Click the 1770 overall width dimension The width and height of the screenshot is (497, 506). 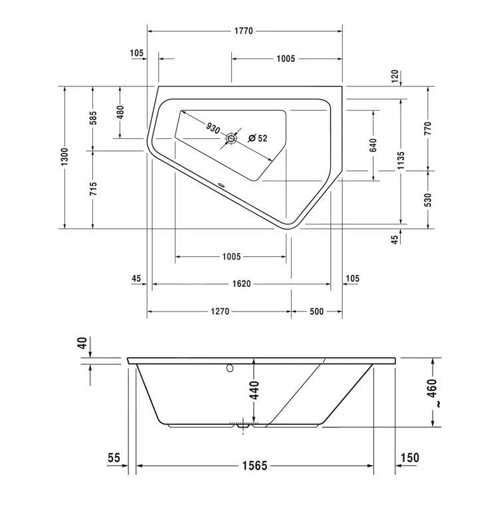(x=244, y=31)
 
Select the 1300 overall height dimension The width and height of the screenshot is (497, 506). (x=64, y=157)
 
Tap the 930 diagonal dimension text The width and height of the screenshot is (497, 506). (x=213, y=128)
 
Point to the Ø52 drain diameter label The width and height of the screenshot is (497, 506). (x=257, y=138)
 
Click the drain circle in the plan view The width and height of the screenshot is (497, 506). (x=231, y=138)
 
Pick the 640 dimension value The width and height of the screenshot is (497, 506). (x=373, y=144)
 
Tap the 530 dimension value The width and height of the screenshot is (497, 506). (x=429, y=200)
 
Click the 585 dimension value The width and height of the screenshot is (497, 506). (x=93, y=118)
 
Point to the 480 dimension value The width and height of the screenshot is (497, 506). (x=120, y=112)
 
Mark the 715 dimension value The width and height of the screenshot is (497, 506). (x=93, y=189)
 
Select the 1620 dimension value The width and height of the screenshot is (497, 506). (x=241, y=284)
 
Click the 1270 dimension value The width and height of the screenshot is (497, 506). (x=220, y=311)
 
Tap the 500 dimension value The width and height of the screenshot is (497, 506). (x=316, y=311)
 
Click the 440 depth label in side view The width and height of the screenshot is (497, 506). (x=254, y=390)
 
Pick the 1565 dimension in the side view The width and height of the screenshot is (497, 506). (x=254, y=466)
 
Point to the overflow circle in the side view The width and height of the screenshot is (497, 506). (x=230, y=367)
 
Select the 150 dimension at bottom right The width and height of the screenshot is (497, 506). (x=410, y=458)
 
